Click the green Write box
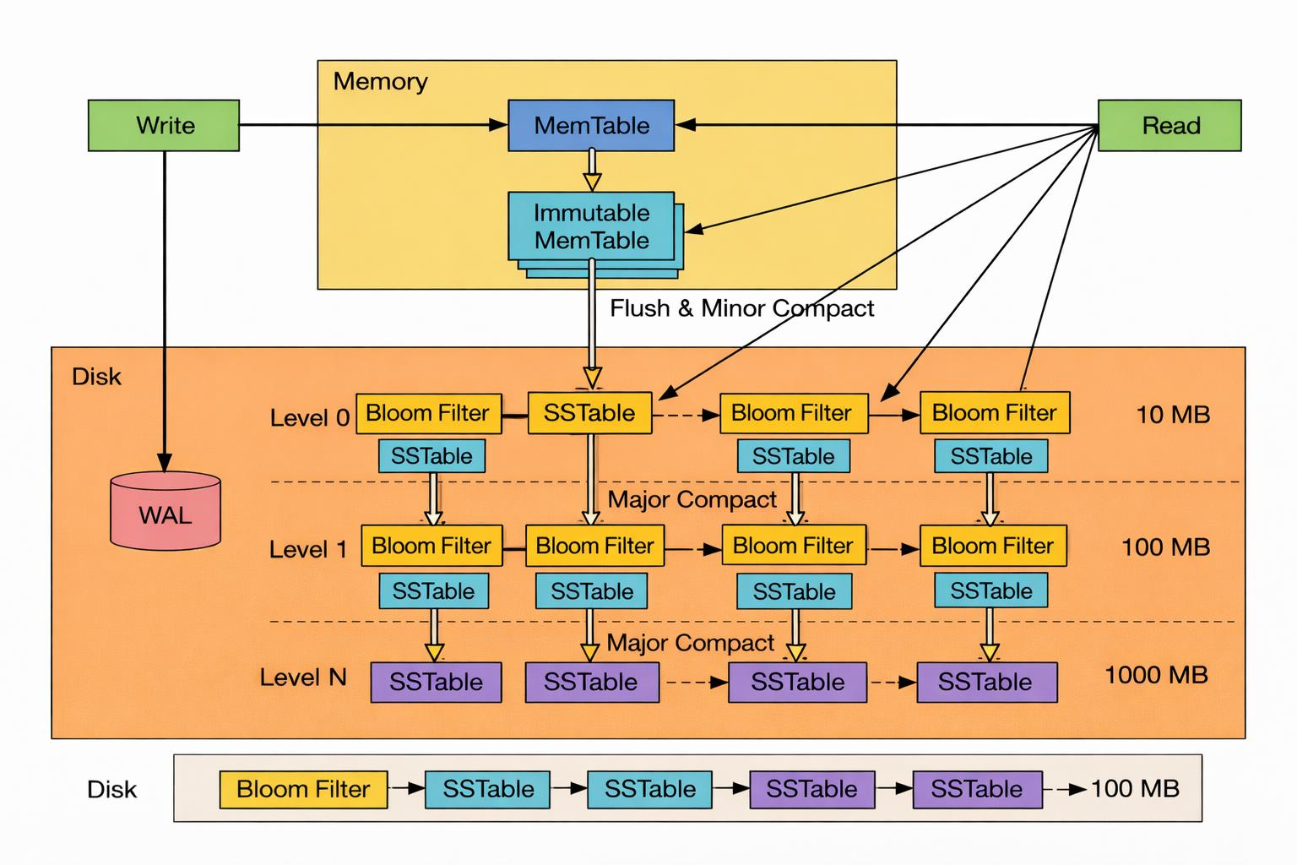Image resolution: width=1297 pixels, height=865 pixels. (164, 126)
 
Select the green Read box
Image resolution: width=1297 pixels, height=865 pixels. (1169, 126)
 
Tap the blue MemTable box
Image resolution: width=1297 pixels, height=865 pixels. (591, 126)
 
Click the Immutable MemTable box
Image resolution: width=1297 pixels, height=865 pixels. (591, 226)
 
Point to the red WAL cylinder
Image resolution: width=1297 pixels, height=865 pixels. (166, 510)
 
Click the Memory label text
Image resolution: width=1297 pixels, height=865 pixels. (381, 82)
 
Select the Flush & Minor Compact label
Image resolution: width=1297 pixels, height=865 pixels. (741, 308)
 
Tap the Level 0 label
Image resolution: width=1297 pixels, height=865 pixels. (310, 418)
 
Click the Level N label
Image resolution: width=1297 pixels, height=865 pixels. (303, 677)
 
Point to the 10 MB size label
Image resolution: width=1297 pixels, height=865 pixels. (1173, 415)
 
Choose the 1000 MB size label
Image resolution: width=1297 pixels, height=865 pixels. (1156, 675)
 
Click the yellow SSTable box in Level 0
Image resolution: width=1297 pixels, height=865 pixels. (590, 413)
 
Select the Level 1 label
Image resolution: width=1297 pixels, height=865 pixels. (308, 549)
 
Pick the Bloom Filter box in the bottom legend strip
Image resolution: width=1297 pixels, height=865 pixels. (303, 789)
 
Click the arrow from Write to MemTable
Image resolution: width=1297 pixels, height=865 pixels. (373, 124)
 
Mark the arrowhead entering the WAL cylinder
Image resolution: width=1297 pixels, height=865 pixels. (165, 462)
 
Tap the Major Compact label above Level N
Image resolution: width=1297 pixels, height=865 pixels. (690, 643)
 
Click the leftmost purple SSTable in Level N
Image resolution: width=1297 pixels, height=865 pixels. (436, 683)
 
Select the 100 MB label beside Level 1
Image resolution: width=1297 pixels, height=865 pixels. (1165, 547)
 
